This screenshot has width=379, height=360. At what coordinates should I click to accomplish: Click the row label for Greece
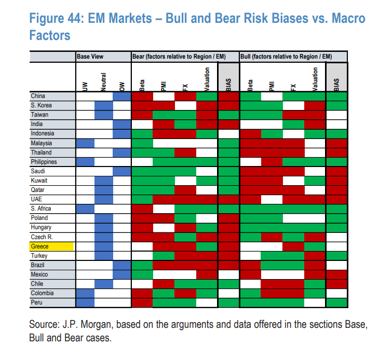click(40, 246)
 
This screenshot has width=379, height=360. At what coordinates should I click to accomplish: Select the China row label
click(38, 96)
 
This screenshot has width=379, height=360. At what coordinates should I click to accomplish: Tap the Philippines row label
click(44, 162)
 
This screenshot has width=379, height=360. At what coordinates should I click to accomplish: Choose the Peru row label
click(37, 302)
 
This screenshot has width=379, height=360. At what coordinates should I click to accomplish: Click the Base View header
click(90, 56)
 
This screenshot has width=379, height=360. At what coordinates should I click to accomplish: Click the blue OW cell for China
click(122, 96)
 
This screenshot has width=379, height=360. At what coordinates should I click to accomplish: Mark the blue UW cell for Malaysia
click(85, 143)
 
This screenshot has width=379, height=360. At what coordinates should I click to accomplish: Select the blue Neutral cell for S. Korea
click(104, 105)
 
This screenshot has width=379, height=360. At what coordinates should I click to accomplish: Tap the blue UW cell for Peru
click(85, 302)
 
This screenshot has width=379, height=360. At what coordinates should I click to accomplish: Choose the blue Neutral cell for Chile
click(104, 284)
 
